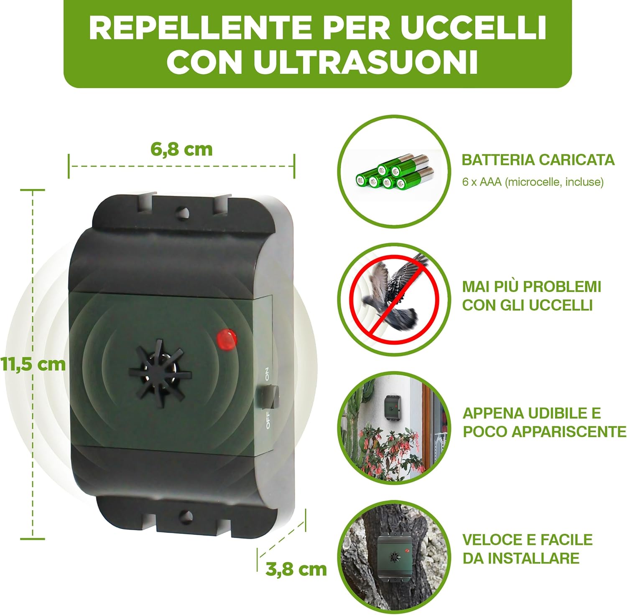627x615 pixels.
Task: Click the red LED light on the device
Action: [x=227, y=338]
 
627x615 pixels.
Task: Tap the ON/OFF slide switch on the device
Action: [x=268, y=397]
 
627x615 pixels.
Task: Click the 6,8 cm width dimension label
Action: [x=181, y=149]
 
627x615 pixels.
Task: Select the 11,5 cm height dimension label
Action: [x=33, y=364]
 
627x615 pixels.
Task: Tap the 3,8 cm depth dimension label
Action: [x=296, y=569]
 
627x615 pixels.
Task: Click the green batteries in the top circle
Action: [x=393, y=172]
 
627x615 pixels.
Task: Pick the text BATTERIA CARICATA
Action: [x=538, y=160]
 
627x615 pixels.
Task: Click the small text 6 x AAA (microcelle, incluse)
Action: [x=533, y=182]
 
